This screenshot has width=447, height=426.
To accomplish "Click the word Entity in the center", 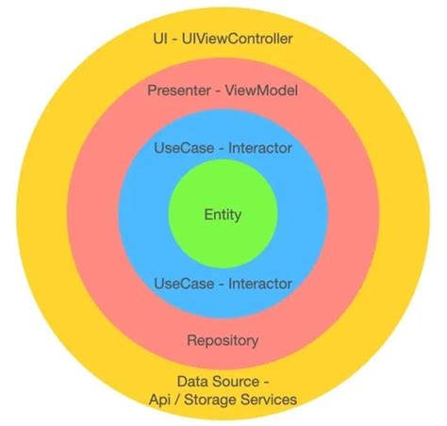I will pos(223,215).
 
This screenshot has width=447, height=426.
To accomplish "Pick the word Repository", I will pos(223,340).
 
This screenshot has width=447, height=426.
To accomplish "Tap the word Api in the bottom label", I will pos(162,400).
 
